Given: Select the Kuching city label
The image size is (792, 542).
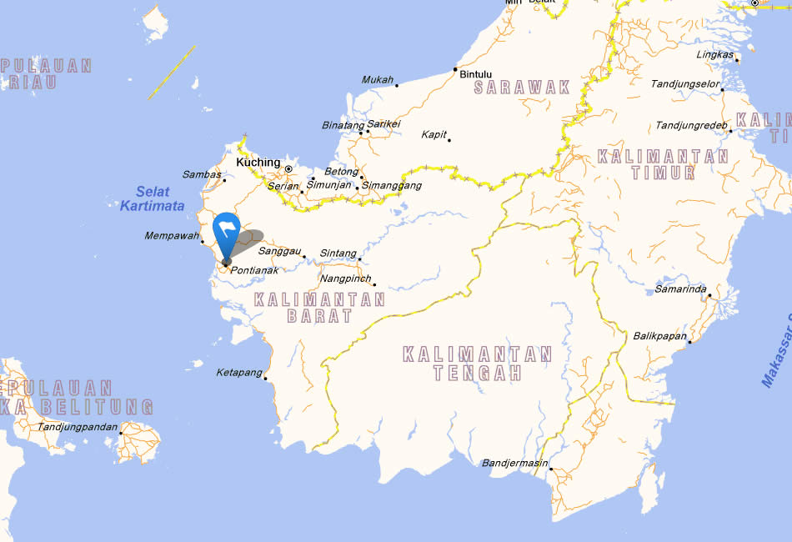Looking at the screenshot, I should pyautogui.click(x=258, y=163).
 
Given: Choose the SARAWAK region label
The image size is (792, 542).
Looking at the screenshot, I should pyautogui.click(x=522, y=87).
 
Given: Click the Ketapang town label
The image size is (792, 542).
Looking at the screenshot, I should pyautogui.click(x=239, y=373).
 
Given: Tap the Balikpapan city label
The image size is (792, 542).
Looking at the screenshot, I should pyautogui.click(x=659, y=336).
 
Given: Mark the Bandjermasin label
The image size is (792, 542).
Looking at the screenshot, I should pyautogui.click(x=515, y=463).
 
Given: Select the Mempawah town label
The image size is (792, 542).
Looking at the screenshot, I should pyautogui.click(x=171, y=236).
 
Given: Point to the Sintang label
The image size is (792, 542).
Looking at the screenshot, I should pyautogui.click(x=338, y=253).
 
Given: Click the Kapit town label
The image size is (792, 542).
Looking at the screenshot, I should pyautogui.click(x=434, y=134).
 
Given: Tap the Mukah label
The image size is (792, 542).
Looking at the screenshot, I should pyautogui.click(x=378, y=80).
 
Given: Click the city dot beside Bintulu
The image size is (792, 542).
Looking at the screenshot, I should pyautogui.click(x=455, y=69).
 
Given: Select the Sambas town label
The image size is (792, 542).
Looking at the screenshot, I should pyautogui.click(x=202, y=174).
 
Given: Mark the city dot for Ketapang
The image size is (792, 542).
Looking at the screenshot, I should pyautogui.click(x=266, y=379).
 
